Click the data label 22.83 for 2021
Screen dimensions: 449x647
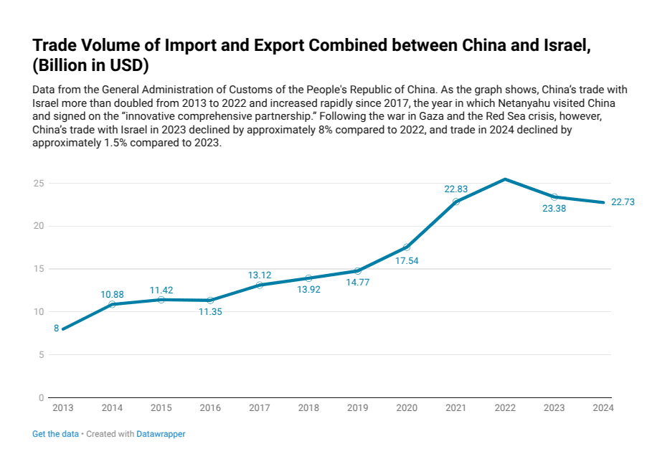[x=455, y=189]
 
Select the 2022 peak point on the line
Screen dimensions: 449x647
[x=505, y=179]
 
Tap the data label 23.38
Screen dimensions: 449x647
[x=554, y=209]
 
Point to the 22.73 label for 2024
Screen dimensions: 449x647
[x=623, y=202]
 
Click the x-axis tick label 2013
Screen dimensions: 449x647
[x=62, y=408]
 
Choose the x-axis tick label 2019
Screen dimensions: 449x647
[x=357, y=408]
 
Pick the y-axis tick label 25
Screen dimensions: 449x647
[x=39, y=184]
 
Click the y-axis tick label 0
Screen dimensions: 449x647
[x=42, y=397]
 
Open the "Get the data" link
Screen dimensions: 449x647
[x=55, y=434]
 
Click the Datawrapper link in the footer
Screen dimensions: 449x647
[x=161, y=434]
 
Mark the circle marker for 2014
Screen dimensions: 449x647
[x=112, y=304]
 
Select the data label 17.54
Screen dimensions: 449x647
[x=407, y=261]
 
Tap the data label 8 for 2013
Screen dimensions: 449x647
[x=56, y=329]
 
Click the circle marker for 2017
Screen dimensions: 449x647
[x=260, y=285]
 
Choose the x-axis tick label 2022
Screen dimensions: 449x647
[x=505, y=408]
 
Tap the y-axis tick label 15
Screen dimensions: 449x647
[x=39, y=269]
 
